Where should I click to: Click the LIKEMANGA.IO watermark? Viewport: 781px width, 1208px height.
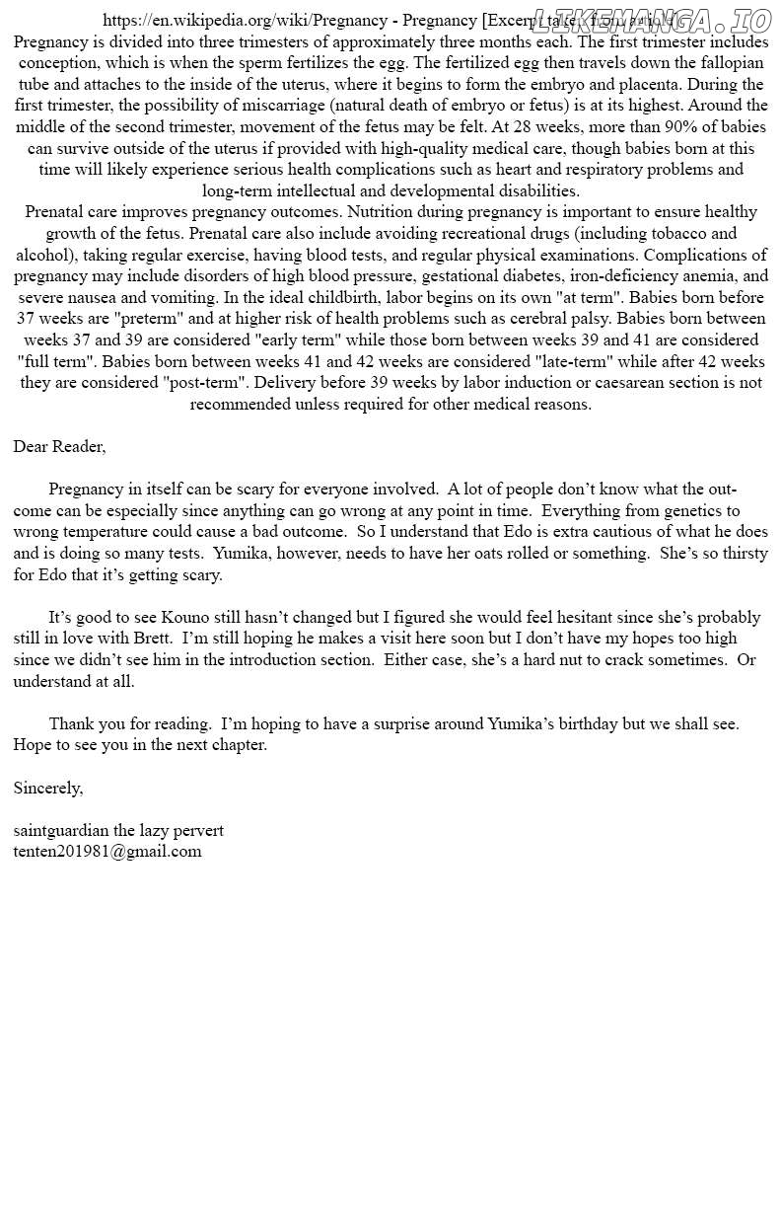[652, 21]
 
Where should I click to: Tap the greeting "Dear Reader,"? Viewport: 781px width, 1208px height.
[59, 446]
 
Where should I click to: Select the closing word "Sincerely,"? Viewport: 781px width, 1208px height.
[48, 788]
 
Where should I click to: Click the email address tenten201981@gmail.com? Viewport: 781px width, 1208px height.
[107, 851]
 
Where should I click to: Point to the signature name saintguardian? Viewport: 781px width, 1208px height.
[61, 830]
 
